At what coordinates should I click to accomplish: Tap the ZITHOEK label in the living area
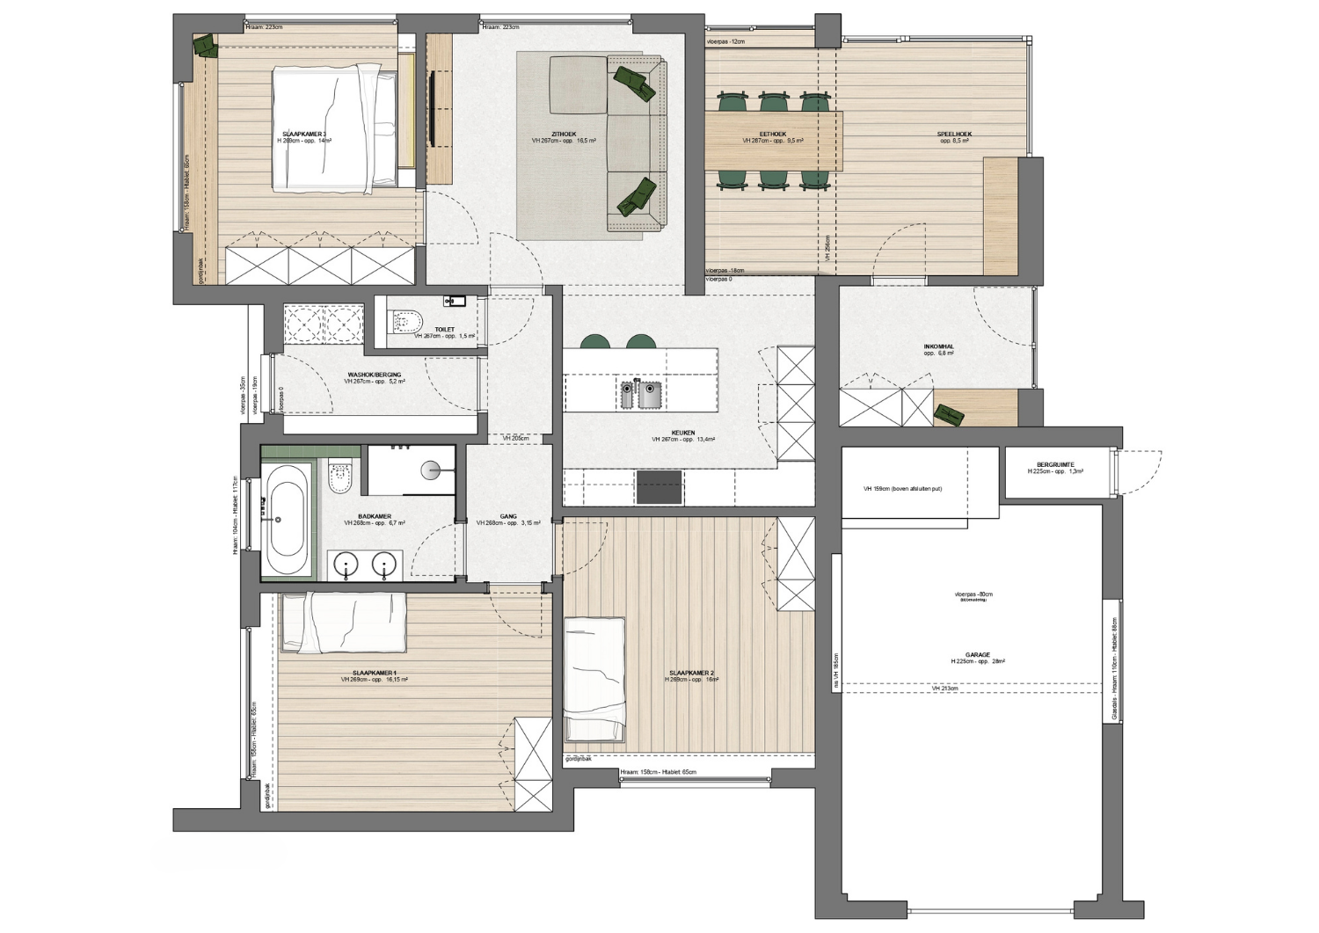click(x=564, y=135)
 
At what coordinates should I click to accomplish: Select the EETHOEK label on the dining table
click(x=772, y=135)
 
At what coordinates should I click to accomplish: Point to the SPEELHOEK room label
click(x=953, y=135)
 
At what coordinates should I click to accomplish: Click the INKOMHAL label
click(x=938, y=346)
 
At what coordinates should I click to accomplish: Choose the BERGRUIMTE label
click(x=1054, y=465)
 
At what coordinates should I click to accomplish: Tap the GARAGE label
click(x=977, y=655)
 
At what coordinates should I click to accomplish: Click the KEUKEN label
click(x=683, y=433)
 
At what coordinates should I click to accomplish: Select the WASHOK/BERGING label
click(x=374, y=375)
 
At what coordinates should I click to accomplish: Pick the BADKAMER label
click(x=375, y=516)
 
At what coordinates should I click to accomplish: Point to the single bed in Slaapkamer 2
click(x=594, y=680)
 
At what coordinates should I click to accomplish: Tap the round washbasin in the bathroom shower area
click(x=432, y=470)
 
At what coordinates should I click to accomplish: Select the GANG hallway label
click(x=508, y=517)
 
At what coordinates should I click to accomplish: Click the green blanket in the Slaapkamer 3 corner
click(x=205, y=45)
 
